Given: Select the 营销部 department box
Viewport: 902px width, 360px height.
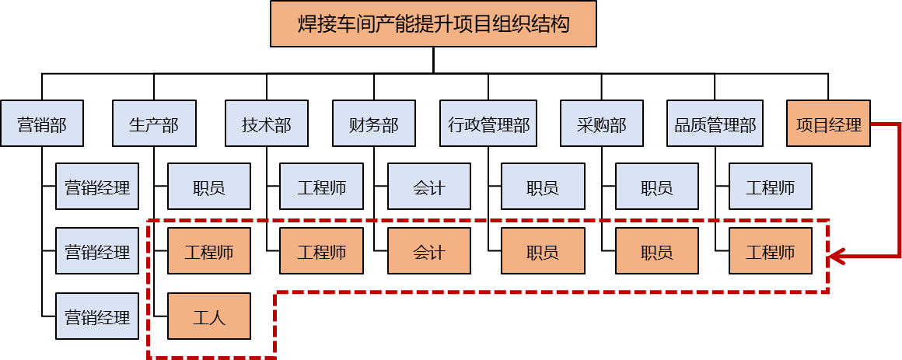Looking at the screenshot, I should [x=42, y=124].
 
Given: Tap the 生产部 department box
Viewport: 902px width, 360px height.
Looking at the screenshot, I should [x=154, y=124].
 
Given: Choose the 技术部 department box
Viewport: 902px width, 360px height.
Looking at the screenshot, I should [x=266, y=124].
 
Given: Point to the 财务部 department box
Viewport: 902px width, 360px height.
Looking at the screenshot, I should [x=374, y=124].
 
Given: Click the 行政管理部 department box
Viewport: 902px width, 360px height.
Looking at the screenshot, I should [x=489, y=124].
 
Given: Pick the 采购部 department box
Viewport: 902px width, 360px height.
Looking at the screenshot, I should [x=601, y=124].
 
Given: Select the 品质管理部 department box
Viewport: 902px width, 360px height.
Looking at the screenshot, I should [x=714, y=124].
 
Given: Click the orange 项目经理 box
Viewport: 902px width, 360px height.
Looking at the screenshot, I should [x=828, y=124].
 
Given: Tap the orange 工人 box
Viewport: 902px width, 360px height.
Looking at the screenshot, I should [x=210, y=316].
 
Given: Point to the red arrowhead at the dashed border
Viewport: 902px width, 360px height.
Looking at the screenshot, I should [x=837, y=256].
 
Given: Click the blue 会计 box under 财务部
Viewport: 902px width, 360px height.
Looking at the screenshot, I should [x=428, y=187].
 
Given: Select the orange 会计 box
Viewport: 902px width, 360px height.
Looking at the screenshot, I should [x=428, y=251].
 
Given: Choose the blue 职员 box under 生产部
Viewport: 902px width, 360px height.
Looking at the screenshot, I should [x=210, y=187].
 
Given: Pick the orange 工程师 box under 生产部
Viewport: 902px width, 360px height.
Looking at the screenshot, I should [x=210, y=251].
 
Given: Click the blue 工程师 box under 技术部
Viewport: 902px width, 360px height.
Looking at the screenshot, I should [x=321, y=187].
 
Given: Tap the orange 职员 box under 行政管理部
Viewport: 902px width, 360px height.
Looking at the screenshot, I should [x=542, y=251].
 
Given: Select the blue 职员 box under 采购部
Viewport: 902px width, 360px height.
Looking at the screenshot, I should [x=656, y=187].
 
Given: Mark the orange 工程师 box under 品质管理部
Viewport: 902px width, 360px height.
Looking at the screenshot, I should [x=771, y=251].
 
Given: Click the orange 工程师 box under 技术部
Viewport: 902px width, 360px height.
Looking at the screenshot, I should [x=321, y=251].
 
